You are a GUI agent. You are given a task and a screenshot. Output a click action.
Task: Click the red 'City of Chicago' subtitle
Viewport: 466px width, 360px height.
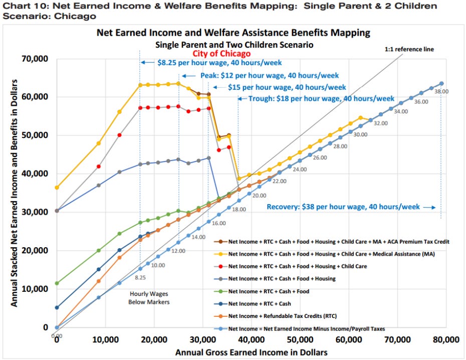point(221,53)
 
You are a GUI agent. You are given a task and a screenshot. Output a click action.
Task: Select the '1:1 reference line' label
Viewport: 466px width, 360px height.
point(409,50)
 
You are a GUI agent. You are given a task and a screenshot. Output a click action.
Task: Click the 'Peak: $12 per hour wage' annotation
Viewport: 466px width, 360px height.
point(270,75)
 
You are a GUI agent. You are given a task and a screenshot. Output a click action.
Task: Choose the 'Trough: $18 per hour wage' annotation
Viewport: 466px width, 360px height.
point(322,98)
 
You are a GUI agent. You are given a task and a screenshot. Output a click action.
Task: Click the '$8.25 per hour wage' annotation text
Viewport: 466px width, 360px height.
point(219,63)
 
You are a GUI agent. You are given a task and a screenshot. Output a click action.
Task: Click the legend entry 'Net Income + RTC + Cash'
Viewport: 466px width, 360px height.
point(260,303)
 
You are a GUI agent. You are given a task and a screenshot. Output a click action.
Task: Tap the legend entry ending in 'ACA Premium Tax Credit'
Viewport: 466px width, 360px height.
point(339,241)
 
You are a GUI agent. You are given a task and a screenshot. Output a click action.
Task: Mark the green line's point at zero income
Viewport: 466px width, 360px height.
point(57,283)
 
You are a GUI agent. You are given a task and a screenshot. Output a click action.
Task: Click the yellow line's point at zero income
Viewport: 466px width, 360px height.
point(57,188)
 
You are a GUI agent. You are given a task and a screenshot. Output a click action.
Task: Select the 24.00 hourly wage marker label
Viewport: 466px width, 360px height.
point(299,170)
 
